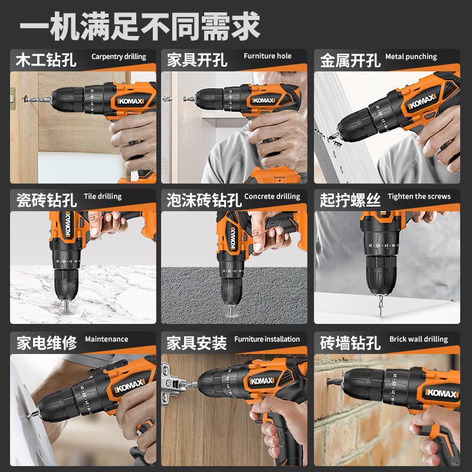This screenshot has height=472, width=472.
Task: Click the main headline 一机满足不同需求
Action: [140, 26]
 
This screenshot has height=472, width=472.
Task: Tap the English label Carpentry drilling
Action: [119, 57]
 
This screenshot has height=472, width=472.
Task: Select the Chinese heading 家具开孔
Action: [197, 60]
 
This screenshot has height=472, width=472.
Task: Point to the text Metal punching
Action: [411, 57]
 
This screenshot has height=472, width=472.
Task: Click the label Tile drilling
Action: [103, 196]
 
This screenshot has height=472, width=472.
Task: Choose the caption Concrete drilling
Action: [272, 196]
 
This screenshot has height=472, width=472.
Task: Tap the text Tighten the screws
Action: [419, 196]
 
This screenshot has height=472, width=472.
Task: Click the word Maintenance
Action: [107, 339]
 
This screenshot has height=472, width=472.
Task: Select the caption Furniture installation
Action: [267, 339]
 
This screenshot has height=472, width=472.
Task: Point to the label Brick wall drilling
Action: [419, 339]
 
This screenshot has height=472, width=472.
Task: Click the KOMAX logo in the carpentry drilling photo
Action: [130, 101]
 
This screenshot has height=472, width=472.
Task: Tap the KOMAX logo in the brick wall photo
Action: [442, 393]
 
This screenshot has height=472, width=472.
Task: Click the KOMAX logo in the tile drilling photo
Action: [68, 224]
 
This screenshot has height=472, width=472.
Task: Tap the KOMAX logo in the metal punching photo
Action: [422, 101]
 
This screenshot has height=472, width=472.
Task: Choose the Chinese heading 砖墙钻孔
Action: [350, 343]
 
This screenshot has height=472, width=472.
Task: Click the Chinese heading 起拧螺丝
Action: [350, 200]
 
